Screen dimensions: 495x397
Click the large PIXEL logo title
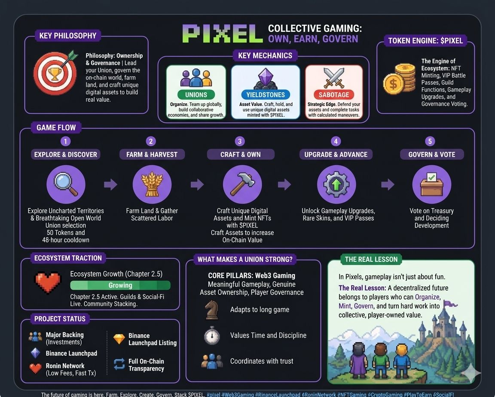(x=223, y=33)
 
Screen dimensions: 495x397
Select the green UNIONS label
(x=196, y=94)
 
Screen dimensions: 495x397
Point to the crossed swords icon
(x=334, y=79)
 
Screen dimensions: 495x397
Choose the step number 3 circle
(x=240, y=141)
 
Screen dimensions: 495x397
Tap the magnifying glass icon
(x=65, y=185)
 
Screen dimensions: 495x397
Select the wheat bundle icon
(x=152, y=185)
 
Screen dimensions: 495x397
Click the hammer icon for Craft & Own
(x=242, y=185)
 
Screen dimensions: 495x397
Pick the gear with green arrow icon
(x=336, y=185)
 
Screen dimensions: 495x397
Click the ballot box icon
(x=431, y=185)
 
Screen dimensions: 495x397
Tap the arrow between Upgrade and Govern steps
(x=388, y=185)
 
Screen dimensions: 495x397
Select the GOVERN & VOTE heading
(x=432, y=155)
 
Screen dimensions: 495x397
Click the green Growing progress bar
(x=120, y=285)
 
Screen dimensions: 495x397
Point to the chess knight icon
(x=211, y=309)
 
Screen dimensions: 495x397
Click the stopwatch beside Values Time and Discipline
(x=212, y=335)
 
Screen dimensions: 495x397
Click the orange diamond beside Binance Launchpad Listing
(x=119, y=339)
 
